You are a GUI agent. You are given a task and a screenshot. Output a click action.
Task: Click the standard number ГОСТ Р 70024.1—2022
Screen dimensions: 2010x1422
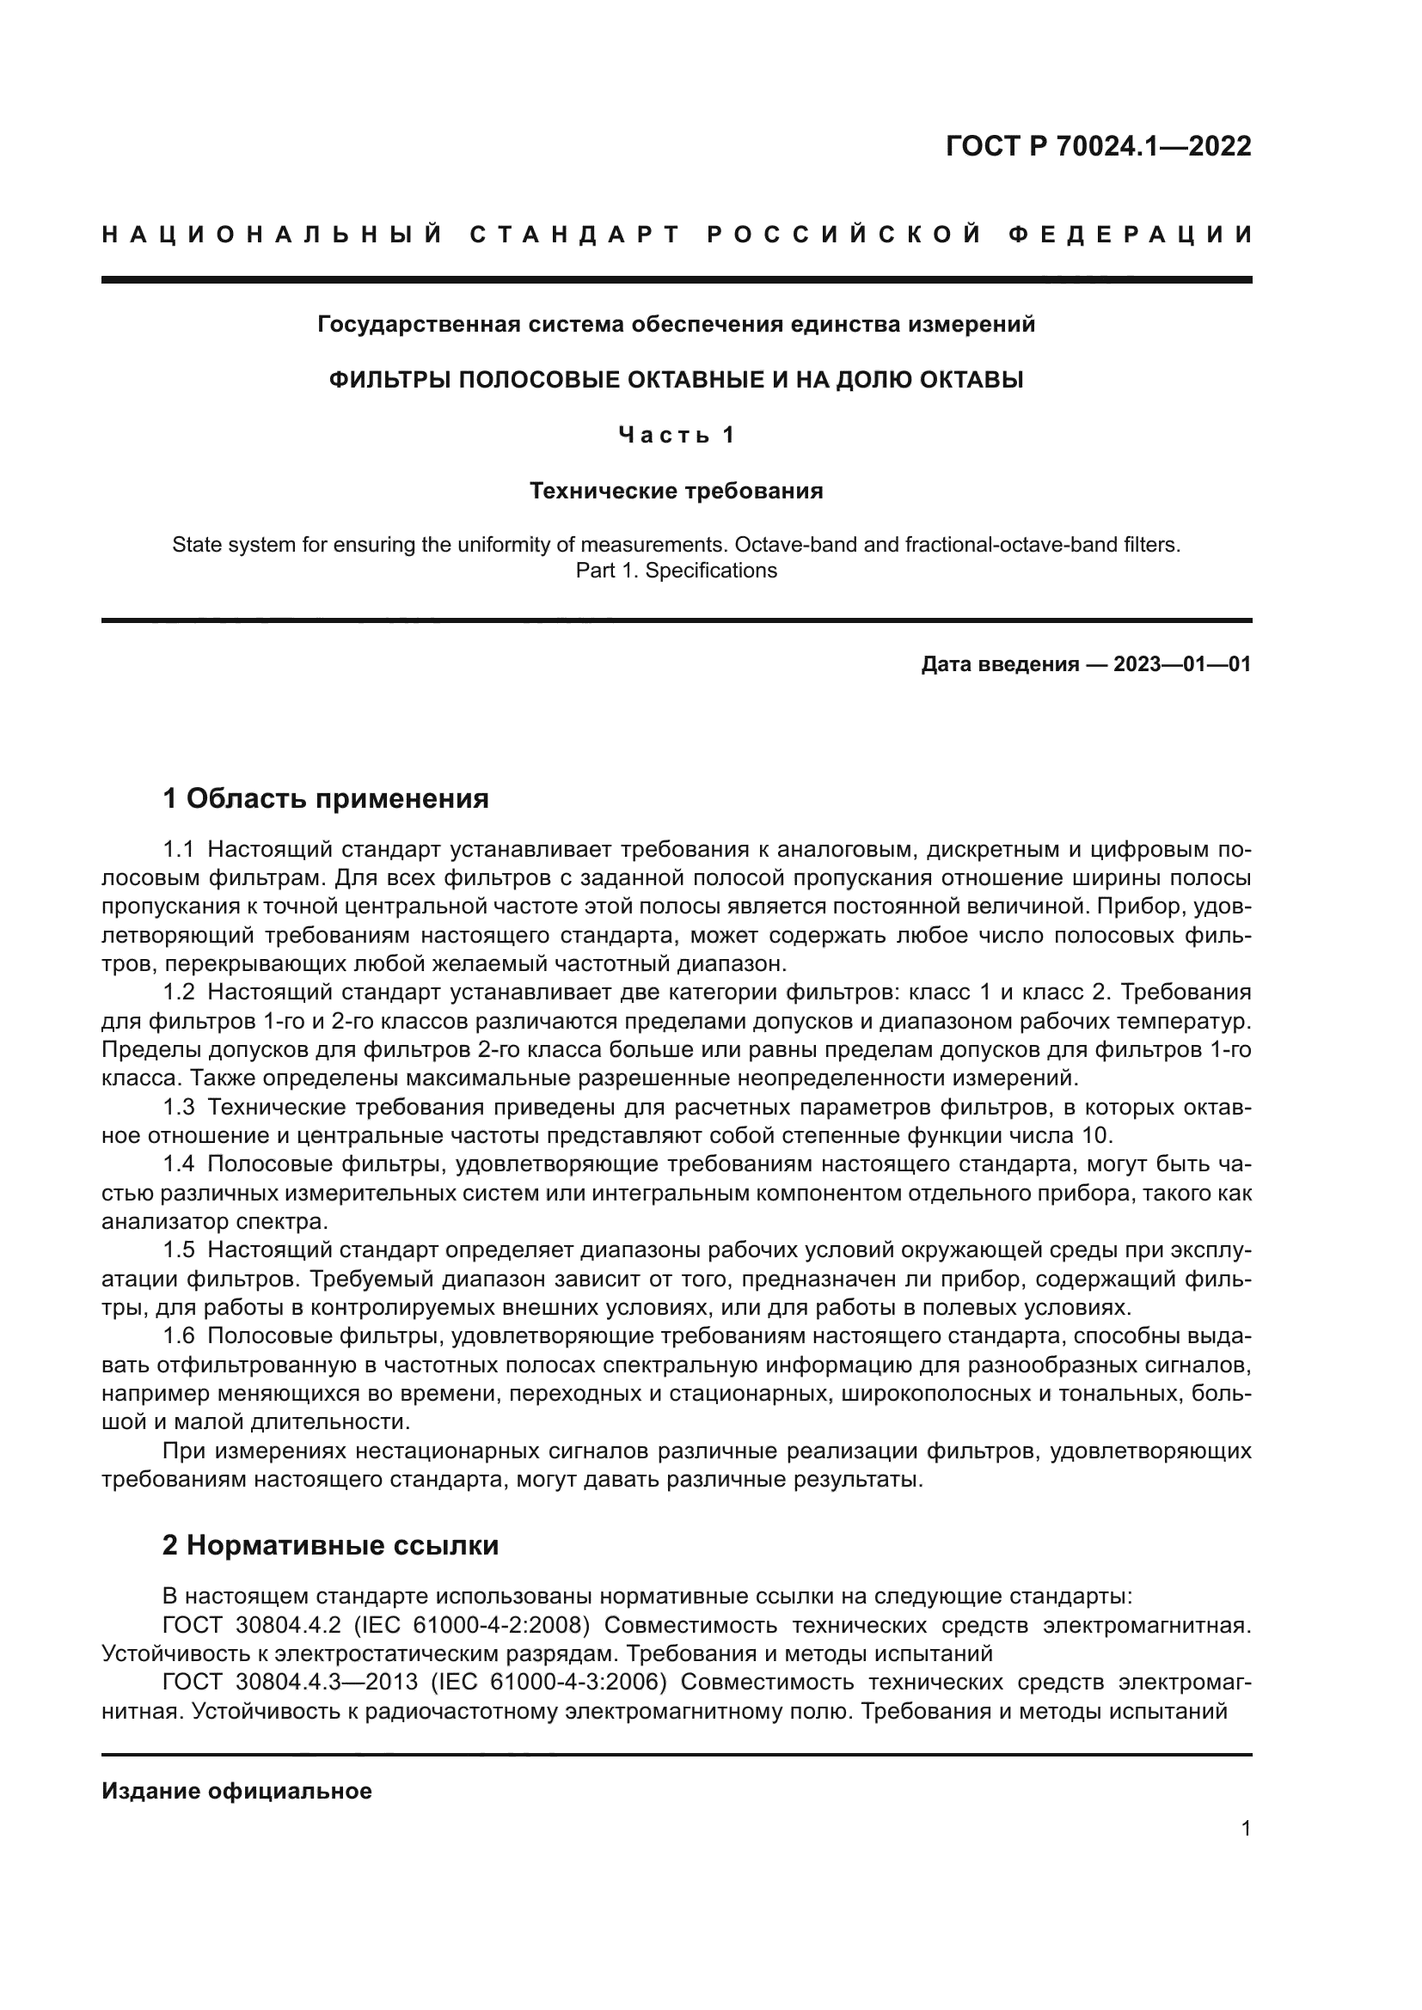tap(1098, 146)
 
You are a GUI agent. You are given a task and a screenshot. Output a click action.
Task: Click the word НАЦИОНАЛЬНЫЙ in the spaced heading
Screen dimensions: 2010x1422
tap(273, 235)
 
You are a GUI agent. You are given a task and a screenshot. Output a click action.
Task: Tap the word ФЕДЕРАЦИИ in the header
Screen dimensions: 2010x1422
tap(1131, 235)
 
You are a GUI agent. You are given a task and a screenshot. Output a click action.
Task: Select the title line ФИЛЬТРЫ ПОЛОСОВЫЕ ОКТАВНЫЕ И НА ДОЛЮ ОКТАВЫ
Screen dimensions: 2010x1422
tap(676, 380)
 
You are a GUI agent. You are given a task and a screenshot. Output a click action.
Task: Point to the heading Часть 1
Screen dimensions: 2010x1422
tap(676, 435)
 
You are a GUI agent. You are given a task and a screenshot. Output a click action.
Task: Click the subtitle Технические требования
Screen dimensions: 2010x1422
tap(676, 492)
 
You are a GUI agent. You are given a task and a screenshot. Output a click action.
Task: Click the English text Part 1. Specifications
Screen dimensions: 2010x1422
tap(676, 571)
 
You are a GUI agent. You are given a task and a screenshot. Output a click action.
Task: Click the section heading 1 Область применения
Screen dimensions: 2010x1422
tap(326, 798)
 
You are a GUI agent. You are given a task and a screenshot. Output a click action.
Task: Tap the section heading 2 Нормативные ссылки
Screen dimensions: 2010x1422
tap(331, 1545)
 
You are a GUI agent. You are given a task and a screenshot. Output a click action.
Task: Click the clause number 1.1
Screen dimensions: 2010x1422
tap(178, 849)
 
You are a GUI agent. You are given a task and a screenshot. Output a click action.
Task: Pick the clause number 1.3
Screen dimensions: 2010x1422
tap(178, 1108)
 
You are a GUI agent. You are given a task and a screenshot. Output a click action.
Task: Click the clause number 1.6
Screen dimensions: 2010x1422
tap(178, 1336)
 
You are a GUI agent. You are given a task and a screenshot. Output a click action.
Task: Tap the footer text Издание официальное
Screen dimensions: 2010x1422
tap(236, 1791)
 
